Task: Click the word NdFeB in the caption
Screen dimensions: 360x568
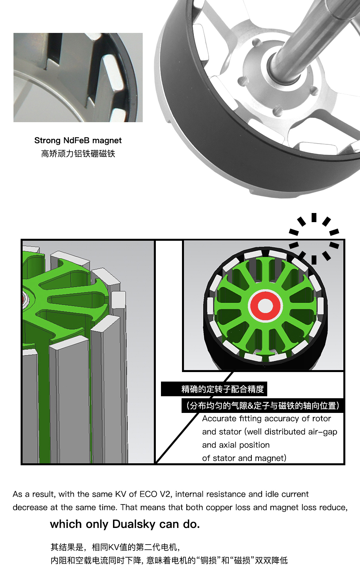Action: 76,140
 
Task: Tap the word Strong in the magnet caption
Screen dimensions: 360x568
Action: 48,141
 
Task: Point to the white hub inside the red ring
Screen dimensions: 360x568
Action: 265,305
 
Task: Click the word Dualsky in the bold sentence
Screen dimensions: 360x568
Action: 134,524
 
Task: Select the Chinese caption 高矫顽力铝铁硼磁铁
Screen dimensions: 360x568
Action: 78,154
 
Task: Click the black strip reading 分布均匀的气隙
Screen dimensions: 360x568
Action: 262,406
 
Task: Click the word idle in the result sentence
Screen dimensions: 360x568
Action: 272,494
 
